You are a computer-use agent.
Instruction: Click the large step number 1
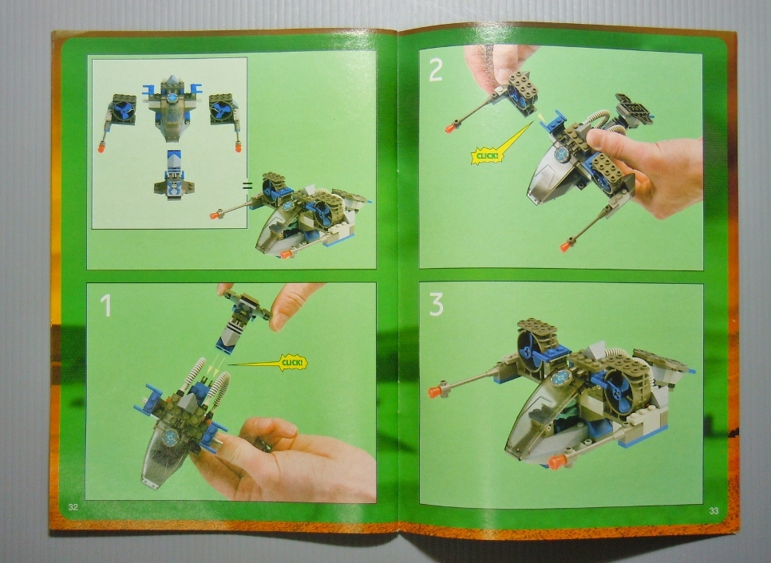105,305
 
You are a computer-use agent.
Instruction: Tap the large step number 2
436,71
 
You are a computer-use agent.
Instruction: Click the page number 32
73,507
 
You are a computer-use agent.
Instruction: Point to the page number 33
714,510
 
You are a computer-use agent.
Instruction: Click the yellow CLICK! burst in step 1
293,363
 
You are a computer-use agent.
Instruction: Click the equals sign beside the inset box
247,186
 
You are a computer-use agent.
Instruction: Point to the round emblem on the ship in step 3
560,377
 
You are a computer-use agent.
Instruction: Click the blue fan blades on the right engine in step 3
619,391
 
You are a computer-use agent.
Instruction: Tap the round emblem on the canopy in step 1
171,435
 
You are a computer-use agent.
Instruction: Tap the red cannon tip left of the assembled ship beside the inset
215,215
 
